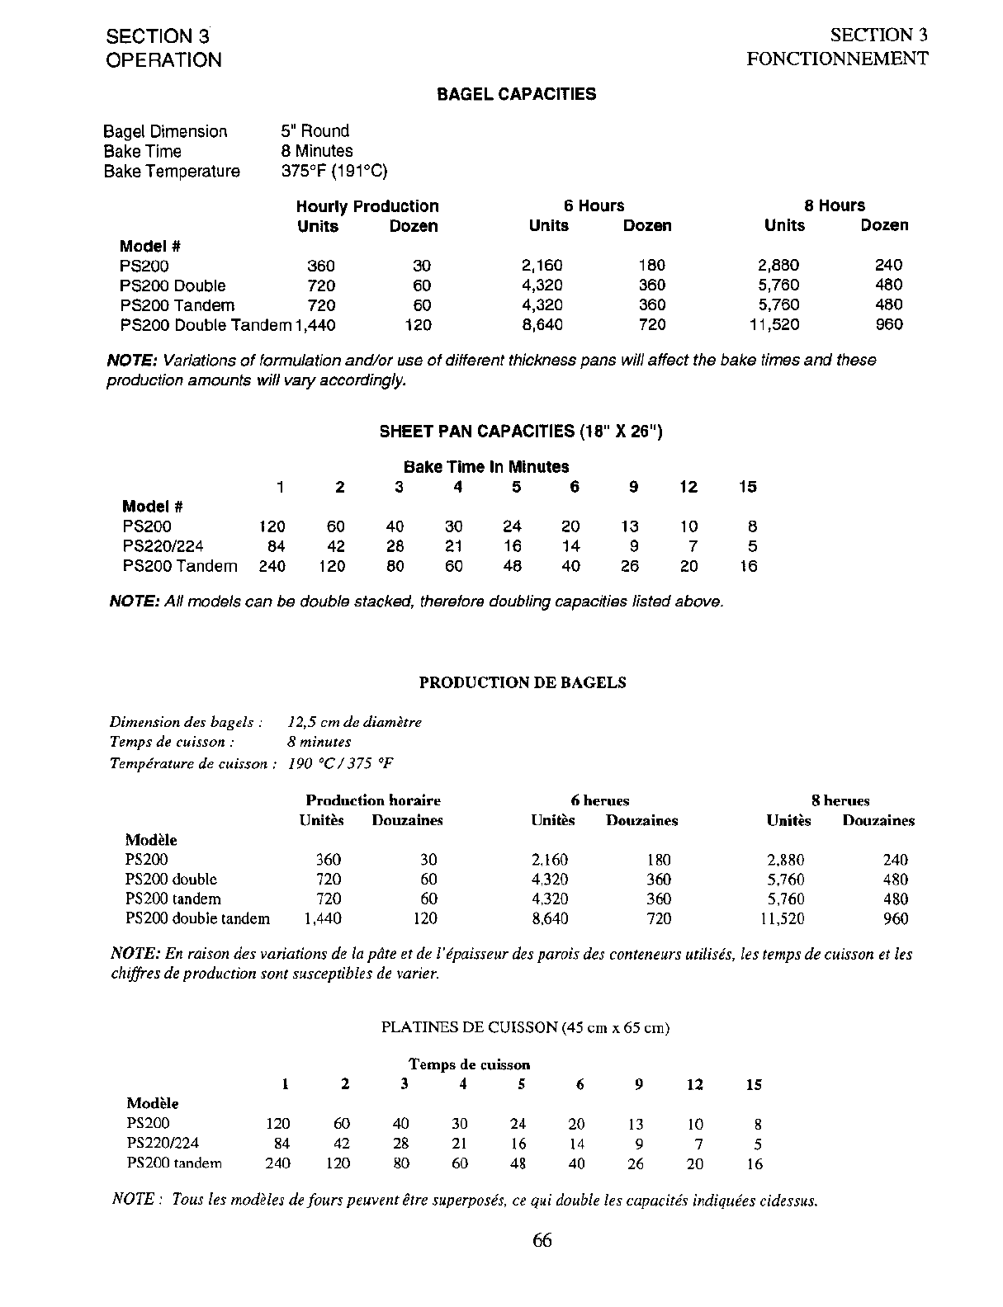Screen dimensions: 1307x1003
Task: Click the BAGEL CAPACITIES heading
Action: pos(516,94)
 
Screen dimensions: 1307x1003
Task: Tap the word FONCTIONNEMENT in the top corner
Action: pos(837,59)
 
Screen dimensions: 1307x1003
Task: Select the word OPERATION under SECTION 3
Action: pos(163,60)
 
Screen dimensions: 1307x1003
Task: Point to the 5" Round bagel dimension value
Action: pos(315,131)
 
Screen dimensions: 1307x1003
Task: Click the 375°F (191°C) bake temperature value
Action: pos(334,172)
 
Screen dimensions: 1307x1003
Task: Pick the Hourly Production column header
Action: pos(367,206)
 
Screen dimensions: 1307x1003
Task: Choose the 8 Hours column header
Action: pos(835,205)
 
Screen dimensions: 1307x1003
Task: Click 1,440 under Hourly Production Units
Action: pos(315,325)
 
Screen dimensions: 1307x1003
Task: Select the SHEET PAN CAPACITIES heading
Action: pos(520,432)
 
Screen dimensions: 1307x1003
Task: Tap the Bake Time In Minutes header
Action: pos(486,467)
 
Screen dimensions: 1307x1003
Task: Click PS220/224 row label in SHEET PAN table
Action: pos(163,546)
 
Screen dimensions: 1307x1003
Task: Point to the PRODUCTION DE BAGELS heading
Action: pos(523,682)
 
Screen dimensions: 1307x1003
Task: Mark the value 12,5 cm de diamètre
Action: pos(355,722)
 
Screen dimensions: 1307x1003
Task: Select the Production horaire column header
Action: pos(373,800)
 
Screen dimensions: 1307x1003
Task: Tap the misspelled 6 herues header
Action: pos(599,800)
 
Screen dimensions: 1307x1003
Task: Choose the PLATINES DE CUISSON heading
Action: pos(525,1027)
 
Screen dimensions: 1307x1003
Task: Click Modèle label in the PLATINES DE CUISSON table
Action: pos(153,1103)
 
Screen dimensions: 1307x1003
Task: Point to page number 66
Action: pos(542,1240)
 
